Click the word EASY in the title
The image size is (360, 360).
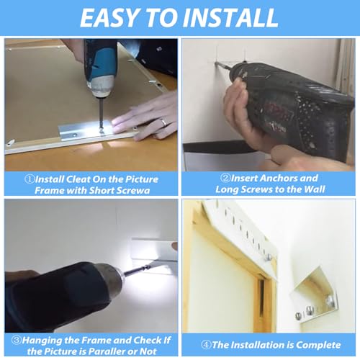[109, 17]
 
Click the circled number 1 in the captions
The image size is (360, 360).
[30, 179]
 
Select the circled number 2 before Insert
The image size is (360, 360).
[225, 178]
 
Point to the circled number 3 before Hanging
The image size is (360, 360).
[17, 340]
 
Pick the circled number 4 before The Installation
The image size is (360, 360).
[206, 345]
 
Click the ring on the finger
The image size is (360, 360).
[163, 122]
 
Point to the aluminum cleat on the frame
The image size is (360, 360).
[86, 131]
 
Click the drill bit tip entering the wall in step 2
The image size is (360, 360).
[216, 63]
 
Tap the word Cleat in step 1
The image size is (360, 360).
[78, 179]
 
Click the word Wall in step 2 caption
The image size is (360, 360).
[315, 189]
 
